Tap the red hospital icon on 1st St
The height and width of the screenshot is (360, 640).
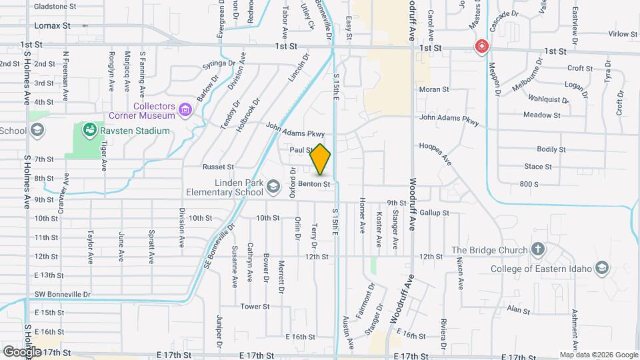(x=481, y=47)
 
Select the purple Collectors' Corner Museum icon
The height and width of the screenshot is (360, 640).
(x=185, y=109)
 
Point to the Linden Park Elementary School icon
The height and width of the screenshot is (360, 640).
(x=272, y=186)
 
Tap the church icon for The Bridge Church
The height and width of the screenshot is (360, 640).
(x=538, y=250)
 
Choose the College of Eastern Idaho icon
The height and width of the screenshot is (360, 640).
(x=601, y=268)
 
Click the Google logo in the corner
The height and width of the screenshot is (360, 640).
(x=21, y=351)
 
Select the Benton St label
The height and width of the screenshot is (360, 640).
(x=314, y=183)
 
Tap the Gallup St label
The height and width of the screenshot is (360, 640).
(x=435, y=213)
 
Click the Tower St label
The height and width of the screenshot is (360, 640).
(x=255, y=307)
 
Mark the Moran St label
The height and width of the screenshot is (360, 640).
(x=431, y=89)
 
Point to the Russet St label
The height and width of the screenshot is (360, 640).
(x=219, y=167)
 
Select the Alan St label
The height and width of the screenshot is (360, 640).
(x=517, y=310)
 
